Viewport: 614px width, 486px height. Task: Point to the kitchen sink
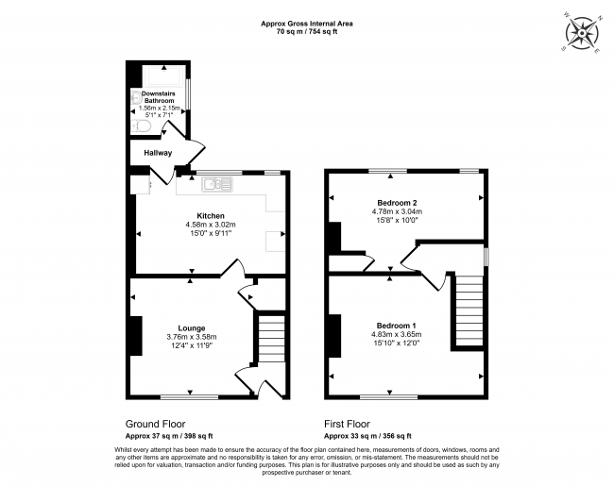pos(224,183)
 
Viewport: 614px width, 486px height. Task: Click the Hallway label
pos(159,152)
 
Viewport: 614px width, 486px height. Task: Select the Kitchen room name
pos(210,215)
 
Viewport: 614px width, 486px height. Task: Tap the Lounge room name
pos(192,327)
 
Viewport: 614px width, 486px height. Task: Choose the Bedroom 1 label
pos(401,326)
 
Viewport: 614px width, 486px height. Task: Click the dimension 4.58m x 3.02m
pos(210,225)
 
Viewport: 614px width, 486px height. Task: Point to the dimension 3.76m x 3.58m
pos(192,337)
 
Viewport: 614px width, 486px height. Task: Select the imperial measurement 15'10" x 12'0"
pos(401,344)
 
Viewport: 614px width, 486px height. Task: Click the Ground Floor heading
pos(155,425)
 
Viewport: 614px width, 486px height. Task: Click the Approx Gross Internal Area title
pos(306,24)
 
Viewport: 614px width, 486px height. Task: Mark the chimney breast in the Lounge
pos(135,335)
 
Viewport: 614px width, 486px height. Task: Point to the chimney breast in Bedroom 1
pos(334,335)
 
